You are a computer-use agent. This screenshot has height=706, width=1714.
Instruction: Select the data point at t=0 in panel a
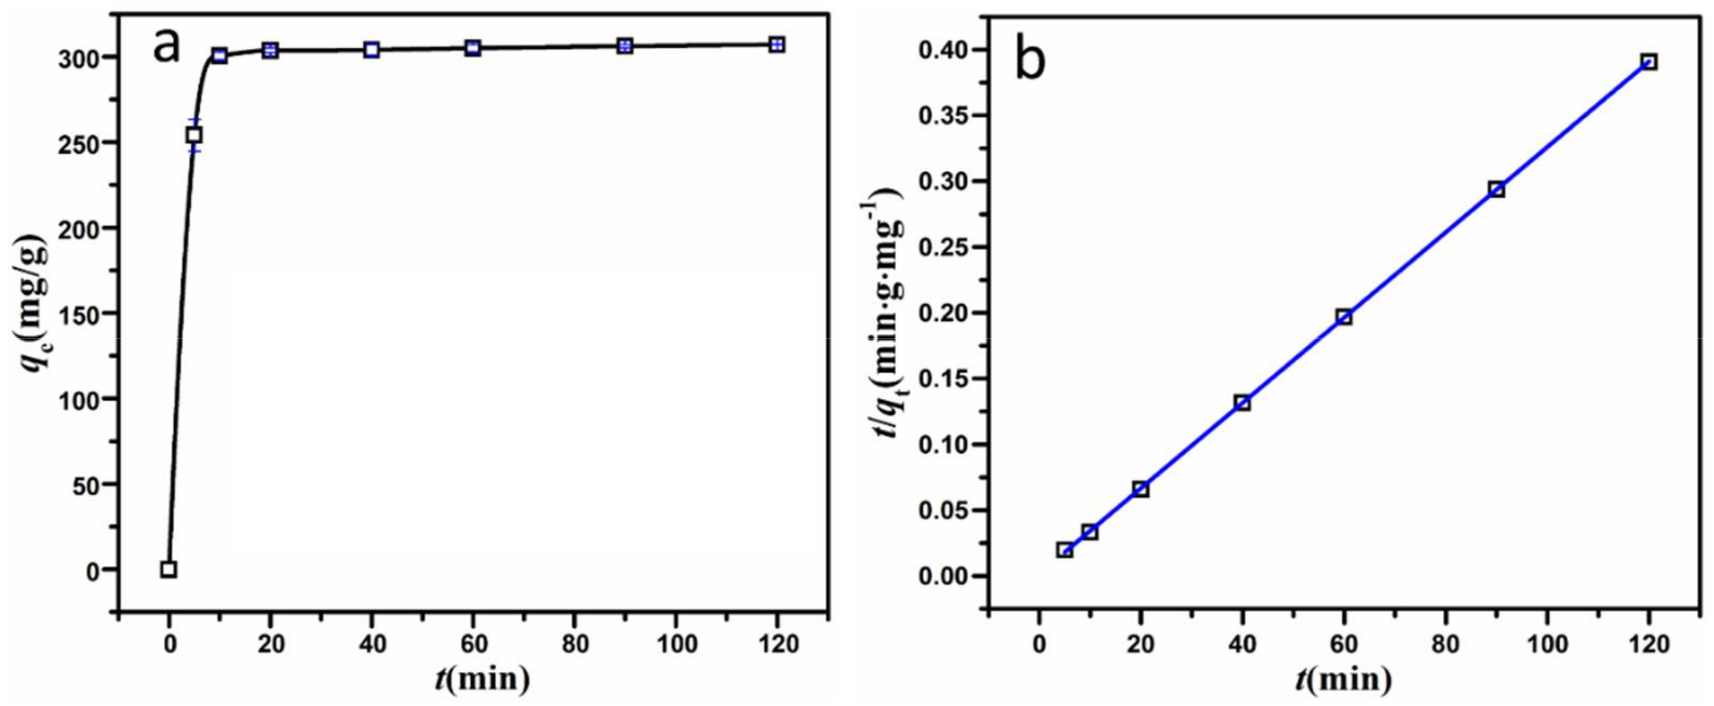[169, 569]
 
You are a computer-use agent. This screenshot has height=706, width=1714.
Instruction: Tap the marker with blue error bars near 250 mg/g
[194, 135]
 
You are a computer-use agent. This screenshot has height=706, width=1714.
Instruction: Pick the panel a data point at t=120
[776, 45]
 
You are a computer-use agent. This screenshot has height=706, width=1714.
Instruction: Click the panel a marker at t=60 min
[473, 48]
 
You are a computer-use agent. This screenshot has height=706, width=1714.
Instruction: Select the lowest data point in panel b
[1065, 550]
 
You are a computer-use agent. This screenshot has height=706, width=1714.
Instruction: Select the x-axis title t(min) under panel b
[1343, 680]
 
